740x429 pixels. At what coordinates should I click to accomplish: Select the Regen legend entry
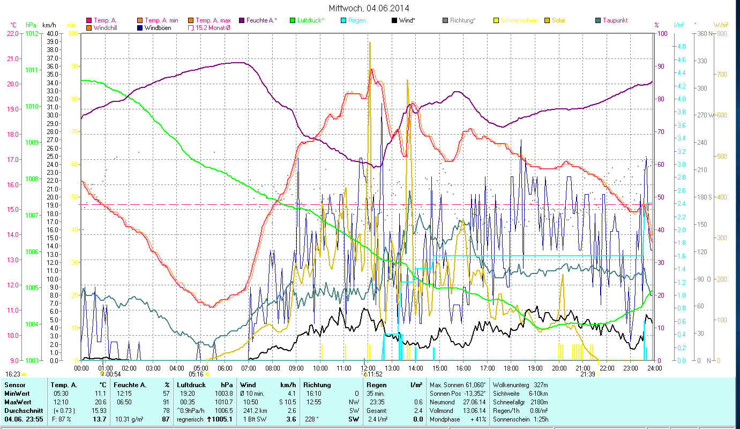(357, 20)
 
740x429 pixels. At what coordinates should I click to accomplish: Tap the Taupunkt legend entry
(615, 20)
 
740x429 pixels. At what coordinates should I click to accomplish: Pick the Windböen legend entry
(158, 27)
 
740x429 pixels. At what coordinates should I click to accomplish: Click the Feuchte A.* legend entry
(261, 20)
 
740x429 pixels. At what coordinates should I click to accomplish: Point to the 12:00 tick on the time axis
(368, 368)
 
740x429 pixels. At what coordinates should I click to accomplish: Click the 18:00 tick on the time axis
(511, 368)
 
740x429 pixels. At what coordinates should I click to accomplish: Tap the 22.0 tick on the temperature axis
(12, 33)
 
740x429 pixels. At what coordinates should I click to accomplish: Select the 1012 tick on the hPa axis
(32, 33)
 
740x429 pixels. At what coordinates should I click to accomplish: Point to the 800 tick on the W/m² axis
(722, 33)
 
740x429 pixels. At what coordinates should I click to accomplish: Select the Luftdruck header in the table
(191, 384)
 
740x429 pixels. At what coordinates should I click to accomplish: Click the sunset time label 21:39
(587, 374)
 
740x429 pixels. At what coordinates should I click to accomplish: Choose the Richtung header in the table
(317, 384)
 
